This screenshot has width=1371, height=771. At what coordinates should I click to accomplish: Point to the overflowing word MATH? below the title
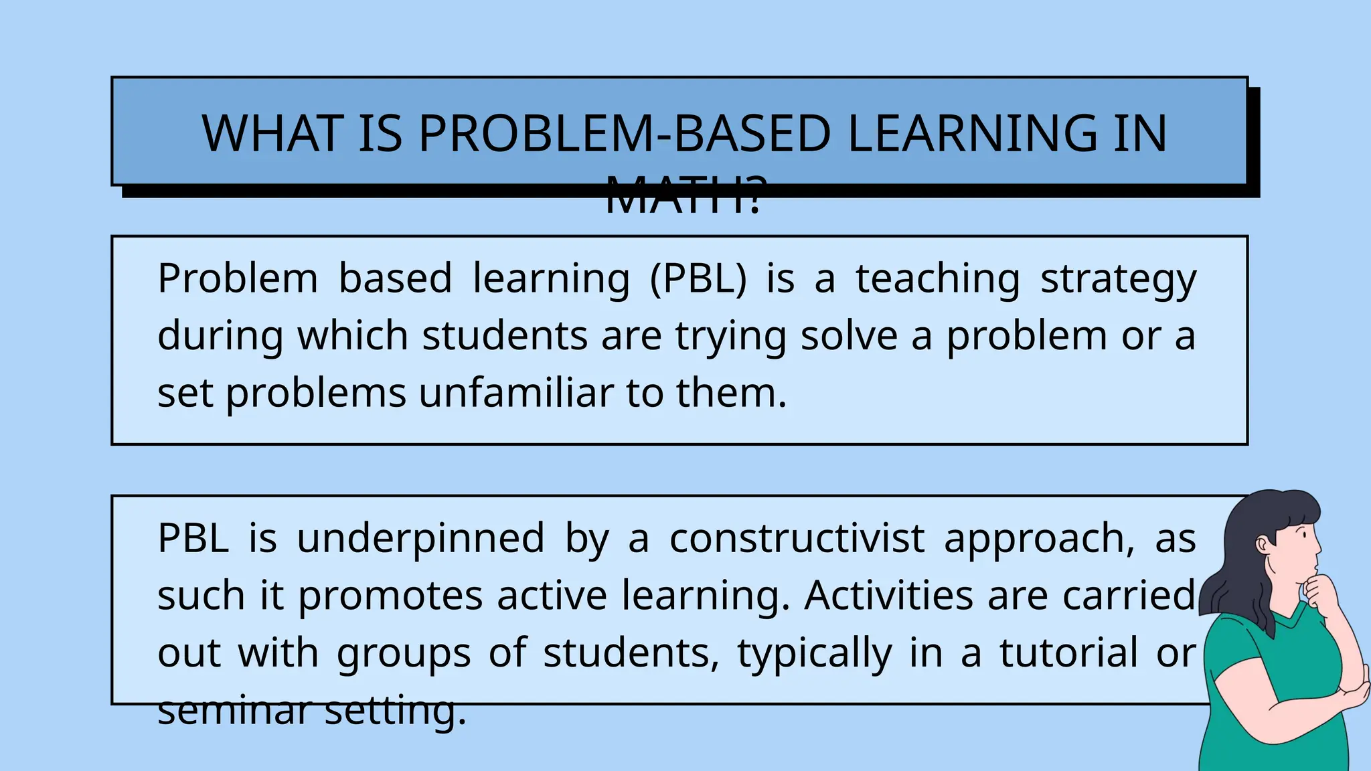(683, 197)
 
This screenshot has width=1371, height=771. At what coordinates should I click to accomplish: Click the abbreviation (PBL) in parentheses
(698, 278)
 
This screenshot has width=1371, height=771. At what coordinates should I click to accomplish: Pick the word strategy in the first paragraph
(1118, 280)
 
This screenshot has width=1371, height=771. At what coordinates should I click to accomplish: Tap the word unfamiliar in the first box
(516, 393)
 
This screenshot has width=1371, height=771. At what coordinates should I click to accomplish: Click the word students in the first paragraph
(505, 335)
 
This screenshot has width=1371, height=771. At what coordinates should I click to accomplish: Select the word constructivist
(797, 538)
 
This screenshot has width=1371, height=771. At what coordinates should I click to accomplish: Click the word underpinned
(420, 539)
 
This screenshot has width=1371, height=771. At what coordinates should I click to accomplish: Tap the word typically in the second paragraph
(815, 654)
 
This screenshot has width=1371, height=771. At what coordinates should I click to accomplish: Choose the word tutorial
(1068, 653)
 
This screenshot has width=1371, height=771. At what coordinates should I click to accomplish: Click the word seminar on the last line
(234, 710)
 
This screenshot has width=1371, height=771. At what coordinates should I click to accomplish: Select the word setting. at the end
(395, 711)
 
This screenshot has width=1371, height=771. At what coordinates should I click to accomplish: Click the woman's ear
(1263, 543)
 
